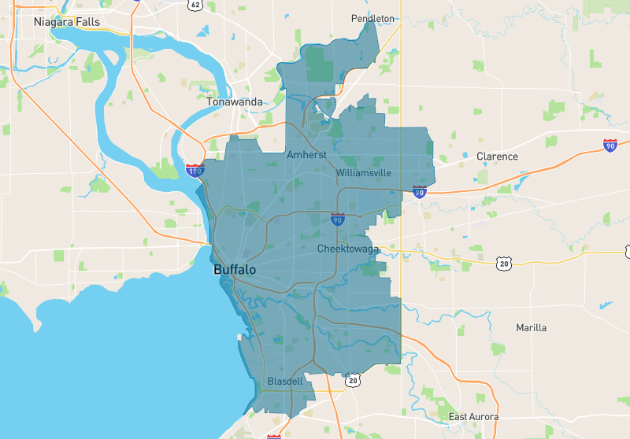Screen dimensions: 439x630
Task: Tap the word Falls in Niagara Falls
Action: click(87, 22)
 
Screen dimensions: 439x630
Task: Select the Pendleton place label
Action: click(372, 18)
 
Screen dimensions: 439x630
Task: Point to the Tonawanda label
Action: click(234, 102)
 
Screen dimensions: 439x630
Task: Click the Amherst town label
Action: click(306, 155)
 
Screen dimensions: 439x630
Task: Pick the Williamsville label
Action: click(363, 172)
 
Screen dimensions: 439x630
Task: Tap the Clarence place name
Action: click(497, 157)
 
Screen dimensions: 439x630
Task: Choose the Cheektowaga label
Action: click(348, 249)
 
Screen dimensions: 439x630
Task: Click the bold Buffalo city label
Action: click(235, 270)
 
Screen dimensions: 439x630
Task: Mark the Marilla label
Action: click(531, 327)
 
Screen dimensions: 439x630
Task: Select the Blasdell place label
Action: click(285, 382)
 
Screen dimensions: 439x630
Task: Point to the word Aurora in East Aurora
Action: click(486, 416)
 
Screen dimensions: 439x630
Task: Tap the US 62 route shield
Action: click(195, 4)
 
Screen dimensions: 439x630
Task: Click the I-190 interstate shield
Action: click(194, 169)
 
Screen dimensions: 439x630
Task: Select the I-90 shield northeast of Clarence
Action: click(610, 145)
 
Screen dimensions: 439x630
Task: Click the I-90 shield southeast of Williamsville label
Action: click(419, 191)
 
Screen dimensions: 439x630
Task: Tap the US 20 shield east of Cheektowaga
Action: click(503, 263)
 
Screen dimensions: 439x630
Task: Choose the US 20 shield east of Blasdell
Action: click(352, 381)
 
